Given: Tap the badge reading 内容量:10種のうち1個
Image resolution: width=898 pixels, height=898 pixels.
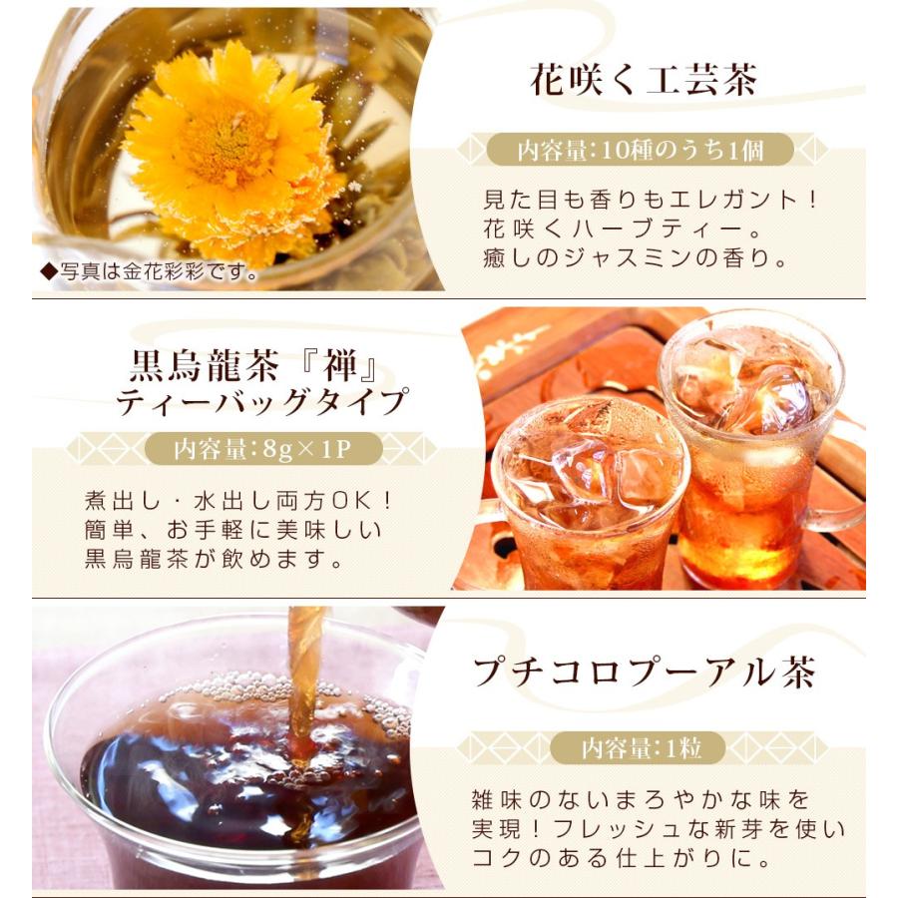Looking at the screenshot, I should coord(640,151).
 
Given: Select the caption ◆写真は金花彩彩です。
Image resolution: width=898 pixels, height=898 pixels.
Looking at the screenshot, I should coord(150,270).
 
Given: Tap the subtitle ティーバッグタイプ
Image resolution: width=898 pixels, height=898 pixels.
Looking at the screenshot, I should coord(262,402).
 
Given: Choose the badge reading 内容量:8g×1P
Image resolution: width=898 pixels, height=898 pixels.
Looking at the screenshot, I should coord(262,449).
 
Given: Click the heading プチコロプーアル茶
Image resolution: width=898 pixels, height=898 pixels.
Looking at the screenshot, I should coord(645,673).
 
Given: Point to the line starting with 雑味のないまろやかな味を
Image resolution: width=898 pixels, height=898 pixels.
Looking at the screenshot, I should coord(640,799).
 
